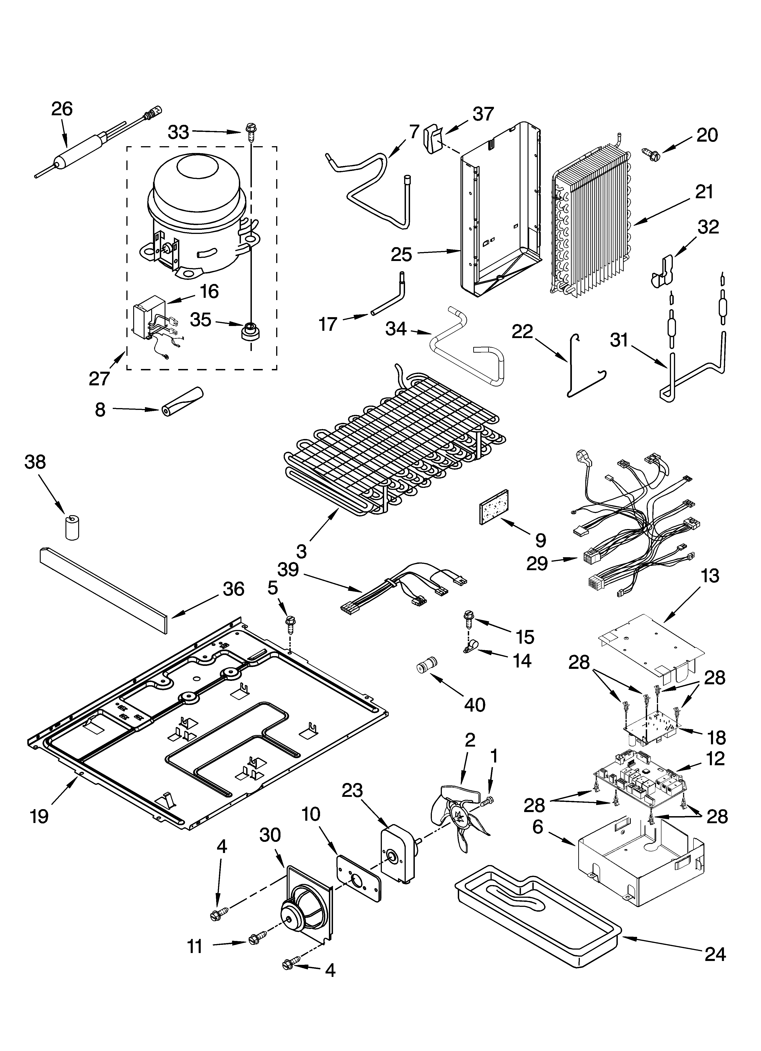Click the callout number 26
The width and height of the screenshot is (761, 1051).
point(62,109)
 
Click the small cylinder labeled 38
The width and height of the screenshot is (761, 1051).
point(72,527)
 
